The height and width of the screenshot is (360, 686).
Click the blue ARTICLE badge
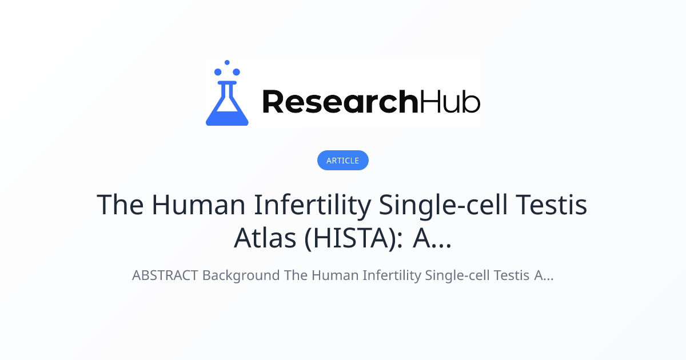tap(343, 161)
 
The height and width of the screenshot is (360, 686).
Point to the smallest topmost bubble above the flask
tap(227, 62)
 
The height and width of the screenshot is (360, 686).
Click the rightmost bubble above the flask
tap(236, 72)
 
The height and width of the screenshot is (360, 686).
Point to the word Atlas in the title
tap(265, 239)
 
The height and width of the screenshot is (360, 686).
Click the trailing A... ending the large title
tap(432, 239)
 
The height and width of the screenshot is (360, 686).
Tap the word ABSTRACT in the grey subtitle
tap(165, 275)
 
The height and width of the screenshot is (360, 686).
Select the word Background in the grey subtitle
tap(242, 275)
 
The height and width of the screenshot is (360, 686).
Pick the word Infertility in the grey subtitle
tap(393, 275)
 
